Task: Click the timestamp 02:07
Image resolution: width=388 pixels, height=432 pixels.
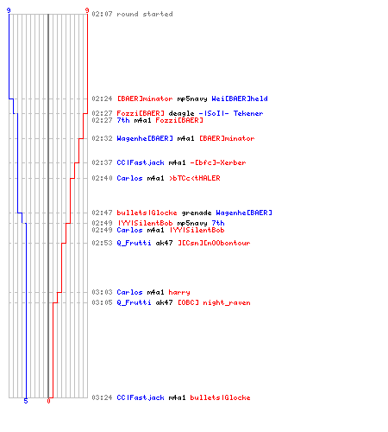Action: pyautogui.click(x=102, y=14)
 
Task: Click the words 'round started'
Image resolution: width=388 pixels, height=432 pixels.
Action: pyautogui.click(x=145, y=14)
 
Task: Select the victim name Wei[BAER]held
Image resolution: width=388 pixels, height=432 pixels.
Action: pyautogui.click(x=240, y=98)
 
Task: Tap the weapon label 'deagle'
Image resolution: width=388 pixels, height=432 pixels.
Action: pyautogui.click(x=181, y=113)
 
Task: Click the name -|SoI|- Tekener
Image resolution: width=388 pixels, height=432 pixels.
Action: pyautogui.click(x=231, y=113)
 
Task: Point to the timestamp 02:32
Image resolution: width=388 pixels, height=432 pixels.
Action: pyautogui.click(x=102, y=138)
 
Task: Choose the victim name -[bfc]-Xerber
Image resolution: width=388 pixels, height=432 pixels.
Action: pyautogui.click(x=218, y=162)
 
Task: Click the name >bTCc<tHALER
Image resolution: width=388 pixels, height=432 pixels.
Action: pyautogui.click(x=195, y=178)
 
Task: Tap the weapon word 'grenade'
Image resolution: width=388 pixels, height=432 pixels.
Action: pyautogui.click(x=197, y=213)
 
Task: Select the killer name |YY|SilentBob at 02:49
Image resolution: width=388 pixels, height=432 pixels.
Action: pyautogui.click(x=146, y=223)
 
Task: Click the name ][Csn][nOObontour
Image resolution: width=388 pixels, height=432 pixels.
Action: pyautogui.click(x=214, y=243)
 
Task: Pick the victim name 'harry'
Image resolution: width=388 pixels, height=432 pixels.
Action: pyautogui.click(x=179, y=292)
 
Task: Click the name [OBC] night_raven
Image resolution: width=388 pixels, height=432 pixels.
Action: pyautogui.click(x=214, y=302)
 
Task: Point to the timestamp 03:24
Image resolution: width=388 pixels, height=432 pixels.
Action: pyautogui.click(x=102, y=397)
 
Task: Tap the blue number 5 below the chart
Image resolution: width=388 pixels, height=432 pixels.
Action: pyautogui.click(x=26, y=401)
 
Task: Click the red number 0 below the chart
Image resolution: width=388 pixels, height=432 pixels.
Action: pyautogui.click(x=48, y=401)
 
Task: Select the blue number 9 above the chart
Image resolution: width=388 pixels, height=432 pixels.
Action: pyautogui.click(x=9, y=10)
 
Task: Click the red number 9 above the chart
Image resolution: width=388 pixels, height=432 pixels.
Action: pyautogui.click(x=87, y=10)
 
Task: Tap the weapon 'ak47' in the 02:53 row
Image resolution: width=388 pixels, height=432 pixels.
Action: pyautogui.click(x=164, y=243)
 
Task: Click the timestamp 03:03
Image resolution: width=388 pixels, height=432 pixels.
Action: pyautogui.click(x=102, y=292)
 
